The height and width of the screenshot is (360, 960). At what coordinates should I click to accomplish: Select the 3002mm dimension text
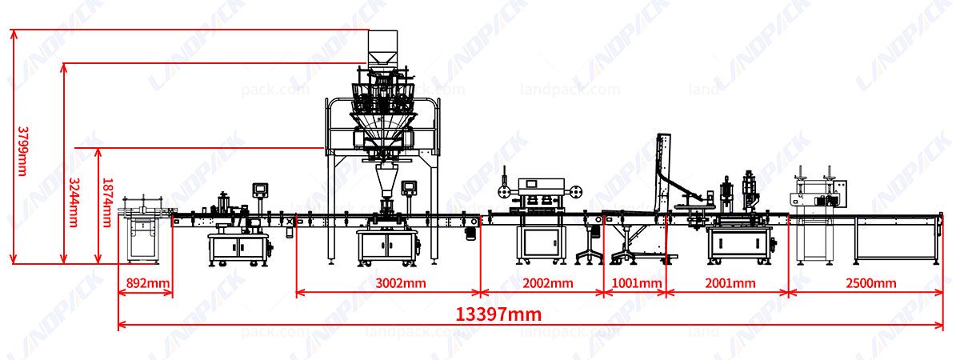point(400,283)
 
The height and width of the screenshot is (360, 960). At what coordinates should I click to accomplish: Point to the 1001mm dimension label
point(637,283)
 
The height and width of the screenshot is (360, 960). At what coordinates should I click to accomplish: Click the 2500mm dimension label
point(870,283)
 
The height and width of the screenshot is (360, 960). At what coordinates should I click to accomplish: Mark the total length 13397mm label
point(498,314)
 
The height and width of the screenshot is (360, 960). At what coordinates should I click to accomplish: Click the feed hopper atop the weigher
point(382,48)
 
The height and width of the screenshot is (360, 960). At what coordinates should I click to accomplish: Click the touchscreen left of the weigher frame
point(260,190)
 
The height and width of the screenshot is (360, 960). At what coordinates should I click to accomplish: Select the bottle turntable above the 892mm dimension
point(146,211)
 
